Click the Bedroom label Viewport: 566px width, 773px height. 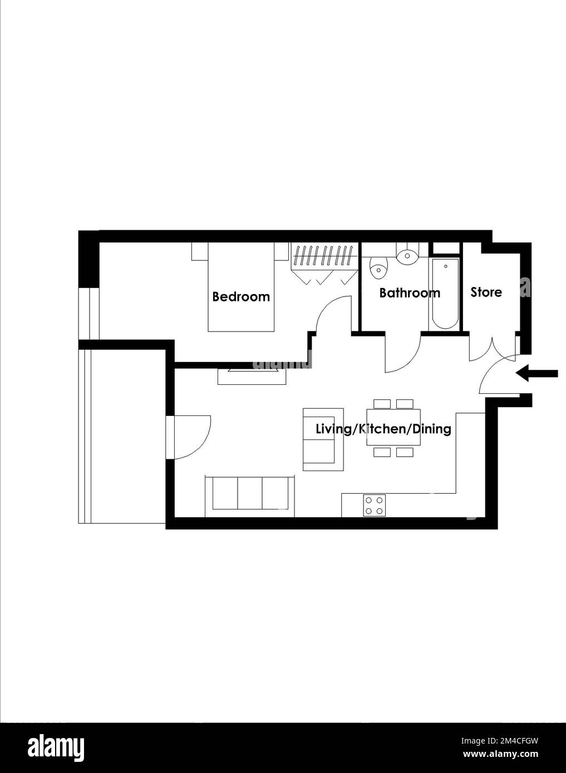click(241, 296)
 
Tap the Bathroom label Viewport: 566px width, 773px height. click(410, 293)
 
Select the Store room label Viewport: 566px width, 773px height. click(486, 293)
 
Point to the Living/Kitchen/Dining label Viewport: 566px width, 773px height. click(383, 429)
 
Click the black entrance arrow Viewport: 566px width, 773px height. click(537, 373)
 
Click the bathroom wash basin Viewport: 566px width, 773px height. click(408, 256)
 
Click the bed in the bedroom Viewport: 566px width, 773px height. click(240, 287)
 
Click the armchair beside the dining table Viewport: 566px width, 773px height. click(323, 439)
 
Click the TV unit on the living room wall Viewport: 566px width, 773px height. click(252, 376)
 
